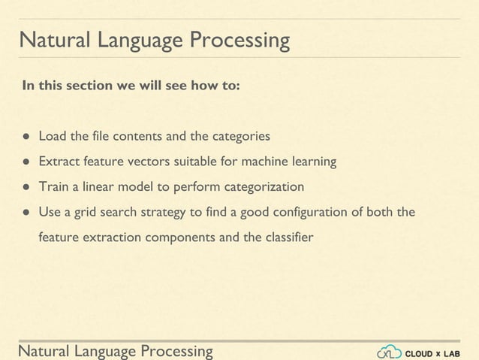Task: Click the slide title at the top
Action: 154,40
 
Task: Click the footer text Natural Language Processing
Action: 116,351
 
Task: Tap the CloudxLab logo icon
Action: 389,352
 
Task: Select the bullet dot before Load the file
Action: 26,137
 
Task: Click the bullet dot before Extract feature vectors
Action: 26,162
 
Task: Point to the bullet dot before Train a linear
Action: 26,186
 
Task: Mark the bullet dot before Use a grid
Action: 26,212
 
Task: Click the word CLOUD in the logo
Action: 419,352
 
